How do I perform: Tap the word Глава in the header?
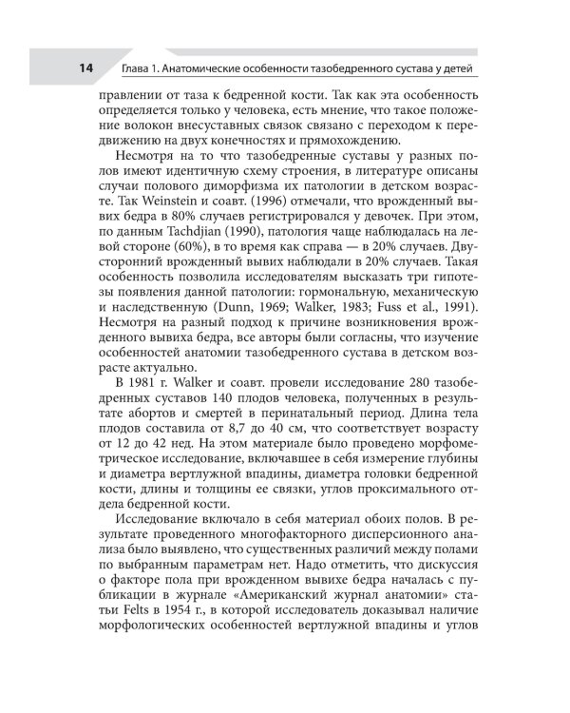140,68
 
